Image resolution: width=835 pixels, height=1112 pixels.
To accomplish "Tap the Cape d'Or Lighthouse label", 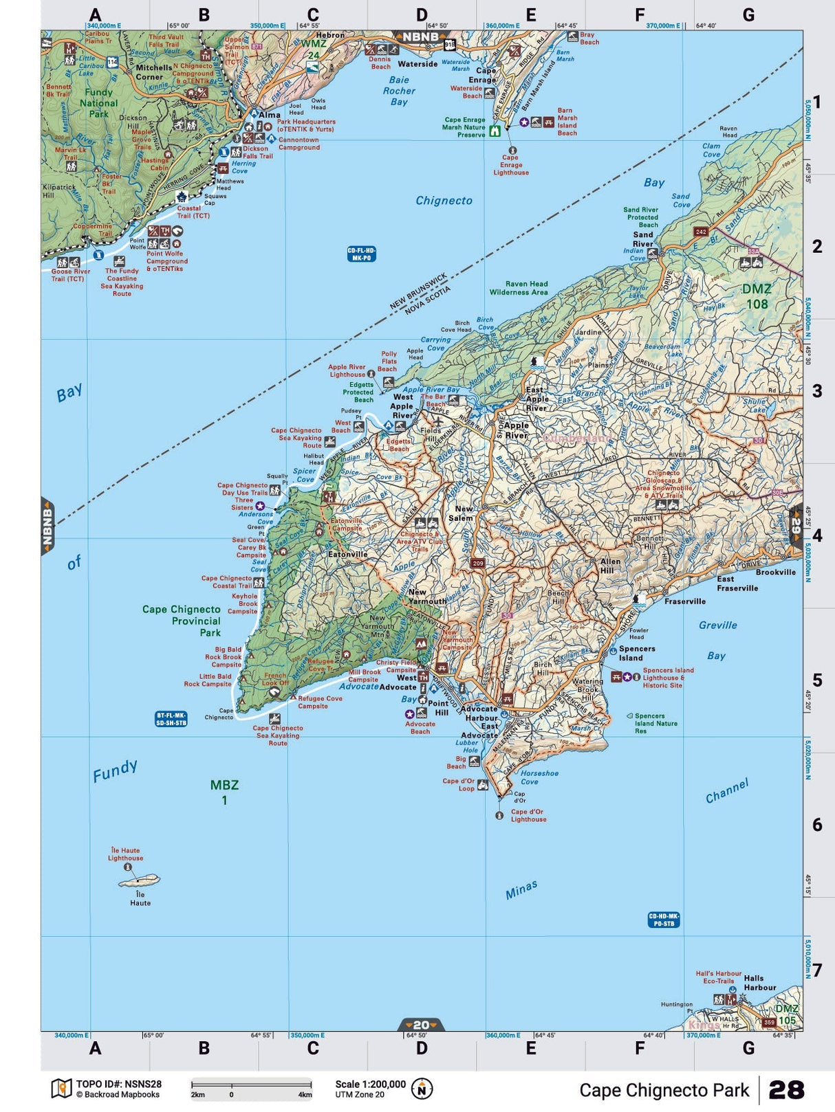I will tap(528, 815).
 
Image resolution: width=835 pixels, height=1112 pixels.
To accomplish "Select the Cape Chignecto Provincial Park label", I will tap(182, 621).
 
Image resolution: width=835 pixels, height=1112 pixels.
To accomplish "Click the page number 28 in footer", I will tap(785, 1090).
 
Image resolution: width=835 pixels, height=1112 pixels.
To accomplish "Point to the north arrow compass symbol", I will tap(422, 1089).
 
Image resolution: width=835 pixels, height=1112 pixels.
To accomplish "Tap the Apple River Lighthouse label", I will tap(347, 370).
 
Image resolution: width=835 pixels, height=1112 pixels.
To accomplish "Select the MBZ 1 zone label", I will tap(224, 792).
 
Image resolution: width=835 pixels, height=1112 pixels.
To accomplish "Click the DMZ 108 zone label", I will tap(756, 296).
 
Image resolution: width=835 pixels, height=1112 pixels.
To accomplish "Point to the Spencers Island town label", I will tap(637, 653).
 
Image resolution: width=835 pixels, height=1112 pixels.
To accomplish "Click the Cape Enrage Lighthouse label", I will tap(510, 165).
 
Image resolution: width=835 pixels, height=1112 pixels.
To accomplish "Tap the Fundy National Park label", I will tap(98, 102).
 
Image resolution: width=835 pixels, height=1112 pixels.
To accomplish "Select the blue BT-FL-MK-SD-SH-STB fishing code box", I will tap(171, 719).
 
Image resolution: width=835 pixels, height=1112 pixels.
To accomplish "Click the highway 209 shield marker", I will tap(478, 563).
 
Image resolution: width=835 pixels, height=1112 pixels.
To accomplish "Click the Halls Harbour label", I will tap(759, 983).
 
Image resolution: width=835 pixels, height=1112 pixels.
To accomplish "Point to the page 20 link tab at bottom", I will tap(421, 1025).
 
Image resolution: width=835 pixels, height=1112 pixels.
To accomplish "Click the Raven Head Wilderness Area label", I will tap(519, 288).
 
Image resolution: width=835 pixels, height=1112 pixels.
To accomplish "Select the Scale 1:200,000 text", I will tap(370, 1084).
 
